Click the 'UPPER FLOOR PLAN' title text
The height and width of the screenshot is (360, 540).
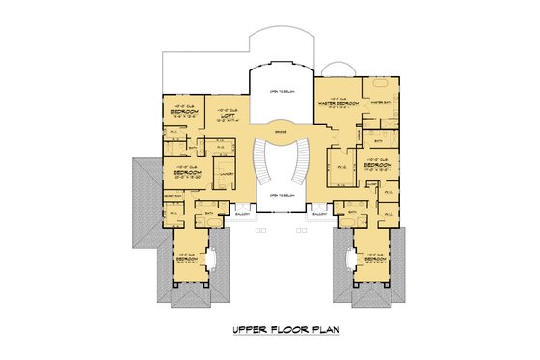point(288,331)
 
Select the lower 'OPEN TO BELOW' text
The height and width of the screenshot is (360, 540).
point(282,196)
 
